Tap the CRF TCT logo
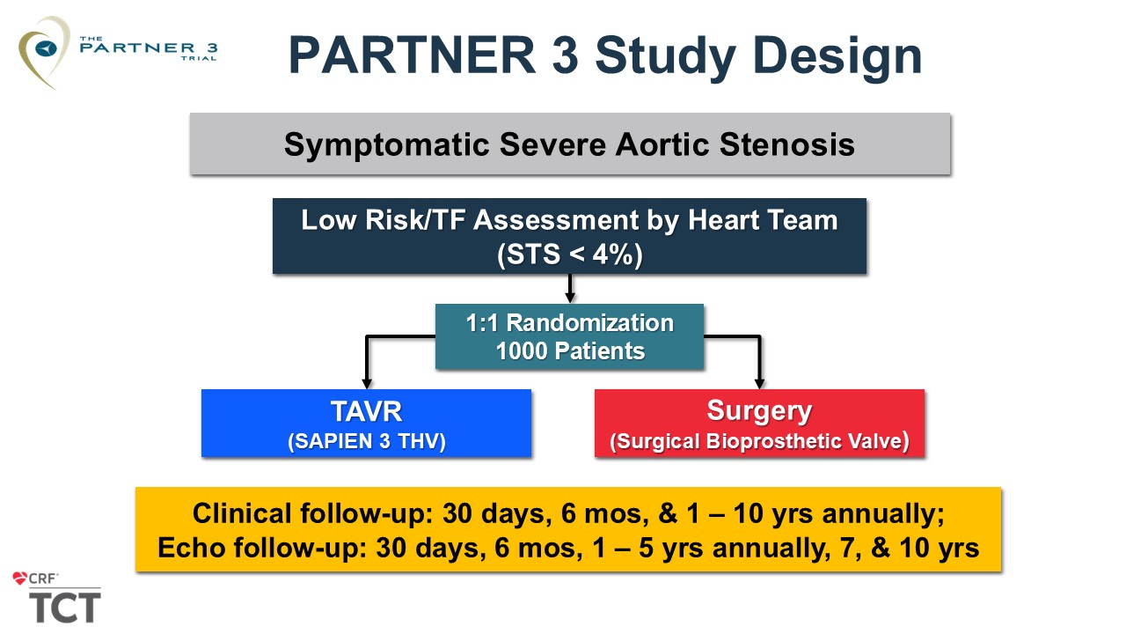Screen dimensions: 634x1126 [57, 598]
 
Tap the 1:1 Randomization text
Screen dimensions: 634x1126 [569, 323]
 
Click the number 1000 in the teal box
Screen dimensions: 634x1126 [522, 351]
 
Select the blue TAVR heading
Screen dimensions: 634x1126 [366, 411]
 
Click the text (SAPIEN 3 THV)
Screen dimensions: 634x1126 [366, 441]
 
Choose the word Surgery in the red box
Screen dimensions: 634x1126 [759, 411]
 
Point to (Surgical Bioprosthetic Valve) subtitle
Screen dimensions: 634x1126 [759, 441]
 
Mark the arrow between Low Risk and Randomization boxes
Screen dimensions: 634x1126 [569, 289]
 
